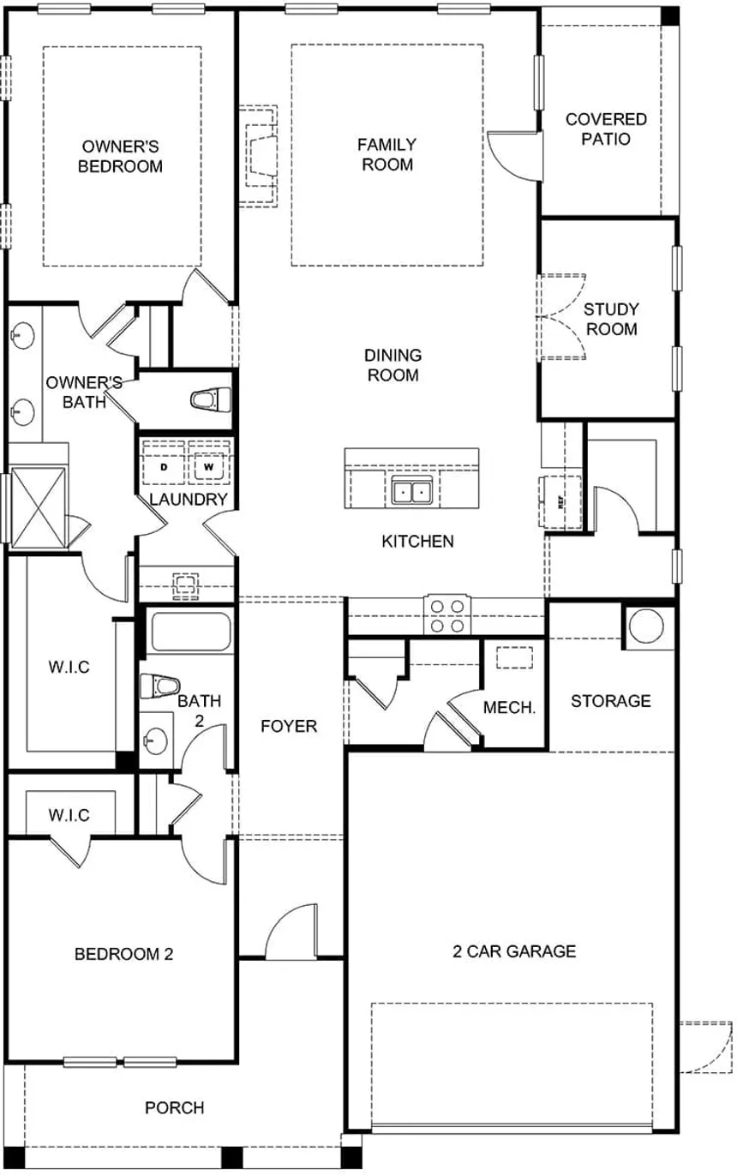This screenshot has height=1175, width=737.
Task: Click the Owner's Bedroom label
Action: pos(120,157)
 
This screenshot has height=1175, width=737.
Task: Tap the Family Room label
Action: pos(387,154)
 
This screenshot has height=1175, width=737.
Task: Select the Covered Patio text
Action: pos(606,129)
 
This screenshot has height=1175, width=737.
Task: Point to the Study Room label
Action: pos(611,319)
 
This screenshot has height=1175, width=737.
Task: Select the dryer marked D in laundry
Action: pos(164,468)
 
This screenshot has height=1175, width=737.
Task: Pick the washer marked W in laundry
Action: pos(207,468)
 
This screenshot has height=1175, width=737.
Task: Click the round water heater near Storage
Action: pos(646,627)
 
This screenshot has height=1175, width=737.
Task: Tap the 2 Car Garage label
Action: pos(514,950)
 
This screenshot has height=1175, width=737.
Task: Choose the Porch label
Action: pos(175,1108)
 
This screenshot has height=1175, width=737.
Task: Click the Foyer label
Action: pos(289,726)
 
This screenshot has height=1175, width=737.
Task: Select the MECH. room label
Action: pos(509,708)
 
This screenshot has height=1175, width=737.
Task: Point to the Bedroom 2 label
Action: pos(123,954)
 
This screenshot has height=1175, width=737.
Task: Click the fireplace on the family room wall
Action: pos(260,156)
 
